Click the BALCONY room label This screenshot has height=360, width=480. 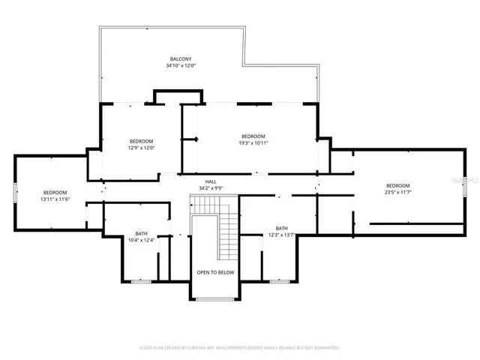(x=180, y=59)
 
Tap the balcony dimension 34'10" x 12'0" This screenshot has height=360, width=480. (x=180, y=66)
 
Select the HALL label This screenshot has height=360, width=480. (x=211, y=181)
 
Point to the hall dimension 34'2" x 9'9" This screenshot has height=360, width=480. (x=211, y=187)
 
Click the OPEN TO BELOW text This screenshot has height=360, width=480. (x=215, y=272)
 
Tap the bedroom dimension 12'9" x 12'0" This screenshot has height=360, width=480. (x=141, y=148)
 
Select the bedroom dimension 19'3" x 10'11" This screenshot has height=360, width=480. (x=253, y=142)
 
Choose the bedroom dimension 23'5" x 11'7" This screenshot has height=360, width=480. (x=397, y=193)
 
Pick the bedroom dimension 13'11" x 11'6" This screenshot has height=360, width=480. (x=54, y=199)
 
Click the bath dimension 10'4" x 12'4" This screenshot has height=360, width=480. (x=141, y=240)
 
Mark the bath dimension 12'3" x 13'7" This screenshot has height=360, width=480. (x=281, y=235)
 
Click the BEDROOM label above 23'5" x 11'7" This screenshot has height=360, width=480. (x=397, y=186)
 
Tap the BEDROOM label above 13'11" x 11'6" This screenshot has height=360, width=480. (x=54, y=193)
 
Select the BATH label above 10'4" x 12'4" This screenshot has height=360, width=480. (x=141, y=233)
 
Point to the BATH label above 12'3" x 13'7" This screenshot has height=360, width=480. (x=281, y=229)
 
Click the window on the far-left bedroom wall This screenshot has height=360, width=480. (x=14, y=193)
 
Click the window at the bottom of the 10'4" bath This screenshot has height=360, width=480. (x=140, y=281)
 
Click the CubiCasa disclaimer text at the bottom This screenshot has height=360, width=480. (x=240, y=348)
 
